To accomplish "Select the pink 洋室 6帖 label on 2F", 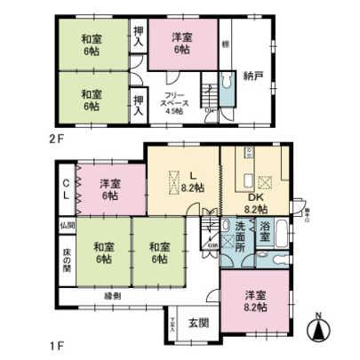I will pyautogui.click(x=181, y=43).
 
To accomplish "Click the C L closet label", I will pyautogui.click(x=67, y=191).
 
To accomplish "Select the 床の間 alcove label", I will pyautogui.click(x=67, y=260).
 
